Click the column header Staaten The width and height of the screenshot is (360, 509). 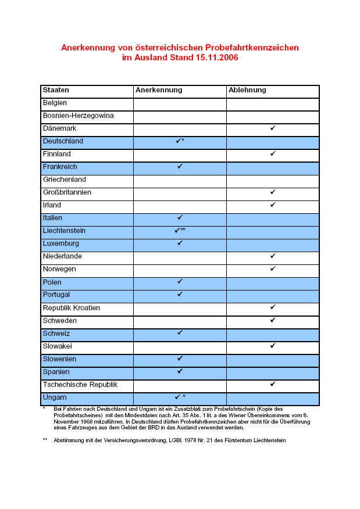pyautogui.click(x=56, y=90)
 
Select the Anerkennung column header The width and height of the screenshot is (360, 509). pyautogui.click(x=159, y=90)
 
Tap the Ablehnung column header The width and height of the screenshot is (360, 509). pyautogui.click(x=247, y=90)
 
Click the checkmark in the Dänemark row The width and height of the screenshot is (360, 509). pyautogui.click(x=273, y=128)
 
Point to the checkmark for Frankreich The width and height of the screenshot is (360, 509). pyautogui.click(x=180, y=166)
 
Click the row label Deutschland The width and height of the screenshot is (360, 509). pyautogui.click(x=63, y=141)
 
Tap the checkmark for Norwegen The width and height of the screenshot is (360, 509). pyautogui.click(x=273, y=268)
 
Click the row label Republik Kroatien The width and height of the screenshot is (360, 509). pyautogui.click(x=72, y=307)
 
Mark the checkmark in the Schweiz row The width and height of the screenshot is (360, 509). pyautogui.click(x=180, y=332)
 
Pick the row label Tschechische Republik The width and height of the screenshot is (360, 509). pyautogui.click(x=80, y=385)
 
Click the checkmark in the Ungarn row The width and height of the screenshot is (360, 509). pyautogui.click(x=177, y=397)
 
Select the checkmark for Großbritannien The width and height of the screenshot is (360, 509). pyautogui.click(x=273, y=192)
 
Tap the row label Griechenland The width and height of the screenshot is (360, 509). pyautogui.click(x=65, y=180)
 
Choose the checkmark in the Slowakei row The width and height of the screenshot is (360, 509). pyautogui.click(x=273, y=346)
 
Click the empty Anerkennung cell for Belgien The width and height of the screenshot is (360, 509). pyautogui.click(x=180, y=103)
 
